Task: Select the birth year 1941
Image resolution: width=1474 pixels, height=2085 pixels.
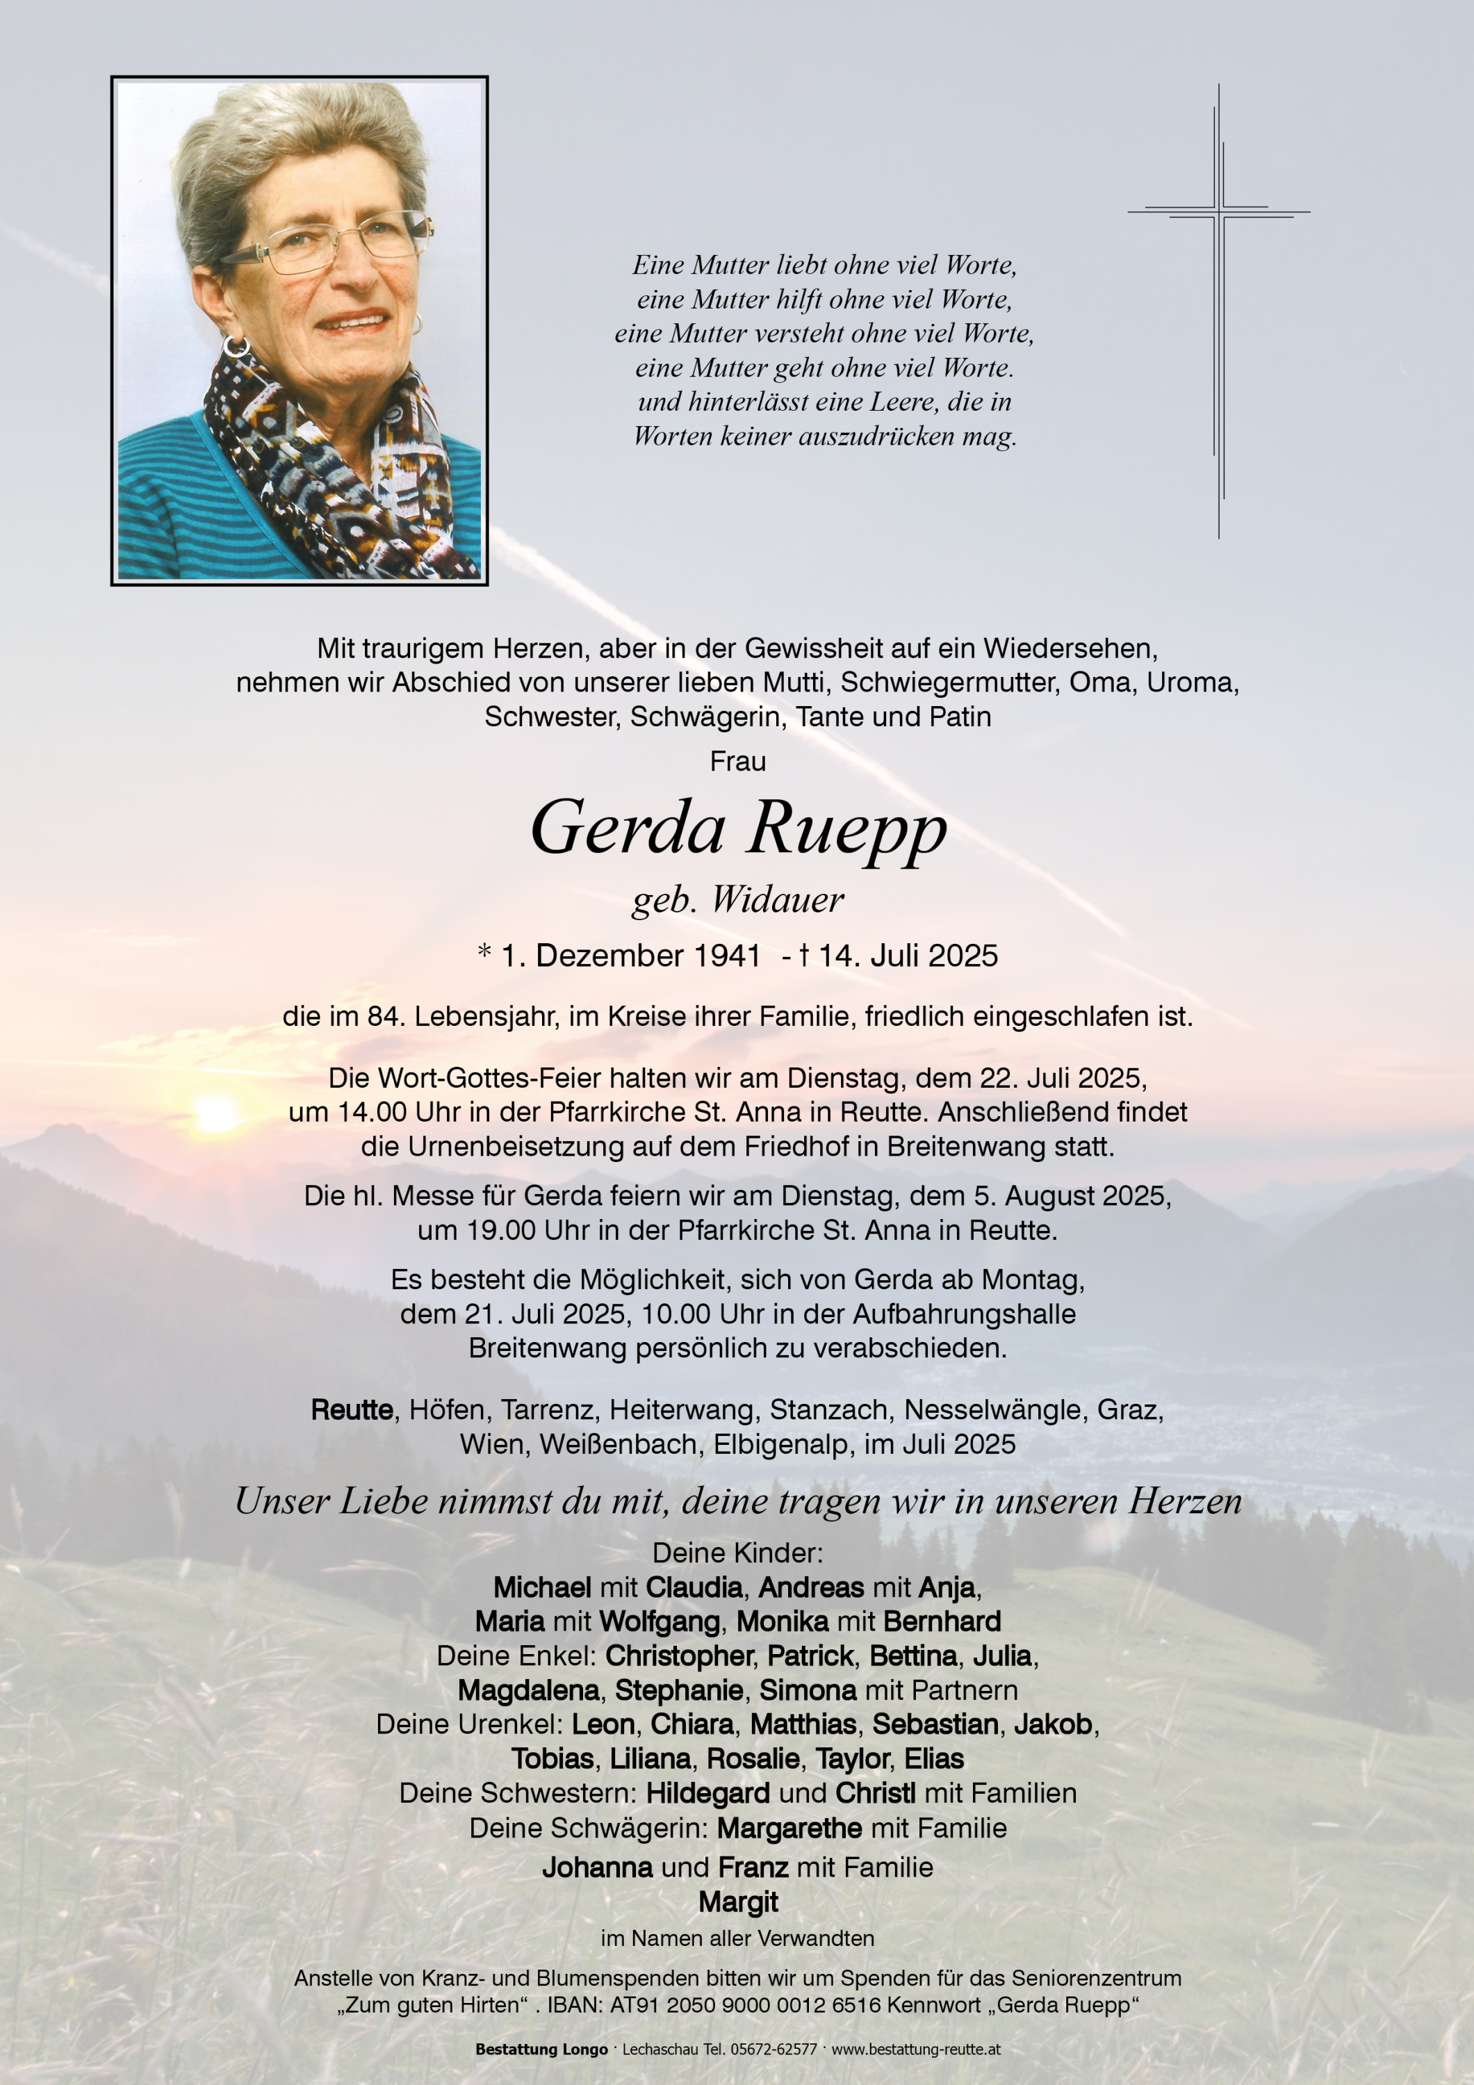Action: (726, 956)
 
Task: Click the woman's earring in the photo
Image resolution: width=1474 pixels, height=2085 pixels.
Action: (236, 346)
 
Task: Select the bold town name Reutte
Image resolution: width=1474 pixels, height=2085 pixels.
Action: (352, 1409)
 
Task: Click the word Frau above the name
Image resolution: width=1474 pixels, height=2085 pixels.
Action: (737, 761)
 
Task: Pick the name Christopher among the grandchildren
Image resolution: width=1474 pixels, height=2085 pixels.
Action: (680, 1655)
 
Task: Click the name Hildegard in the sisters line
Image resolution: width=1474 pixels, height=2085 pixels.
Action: (707, 1794)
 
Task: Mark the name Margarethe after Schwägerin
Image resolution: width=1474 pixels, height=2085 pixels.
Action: (788, 1828)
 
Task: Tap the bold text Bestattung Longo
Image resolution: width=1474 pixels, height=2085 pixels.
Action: (541, 2050)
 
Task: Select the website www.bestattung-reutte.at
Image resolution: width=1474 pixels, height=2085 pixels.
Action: (915, 2050)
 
